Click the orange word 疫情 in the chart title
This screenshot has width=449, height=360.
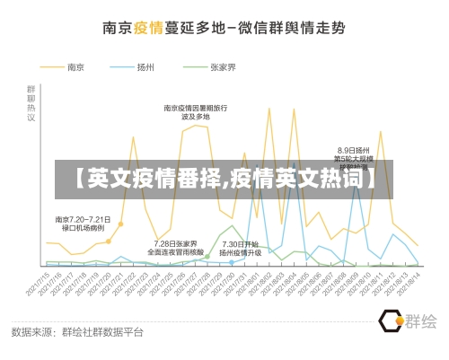(x=148, y=28)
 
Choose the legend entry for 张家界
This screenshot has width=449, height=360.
(x=222, y=66)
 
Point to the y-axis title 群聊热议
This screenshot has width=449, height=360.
(x=31, y=103)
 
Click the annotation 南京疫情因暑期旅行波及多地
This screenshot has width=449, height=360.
(x=195, y=112)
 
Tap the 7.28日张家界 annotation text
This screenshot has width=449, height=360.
(x=174, y=248)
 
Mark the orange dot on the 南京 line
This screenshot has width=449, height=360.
(x=109, y=241)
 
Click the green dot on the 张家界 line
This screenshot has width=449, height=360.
(x=206, y=256)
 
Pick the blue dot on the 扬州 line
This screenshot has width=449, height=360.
(x=232, y=262)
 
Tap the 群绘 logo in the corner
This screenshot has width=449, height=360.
(x=408, y=320)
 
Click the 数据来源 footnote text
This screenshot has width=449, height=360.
(x=77, y=331)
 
